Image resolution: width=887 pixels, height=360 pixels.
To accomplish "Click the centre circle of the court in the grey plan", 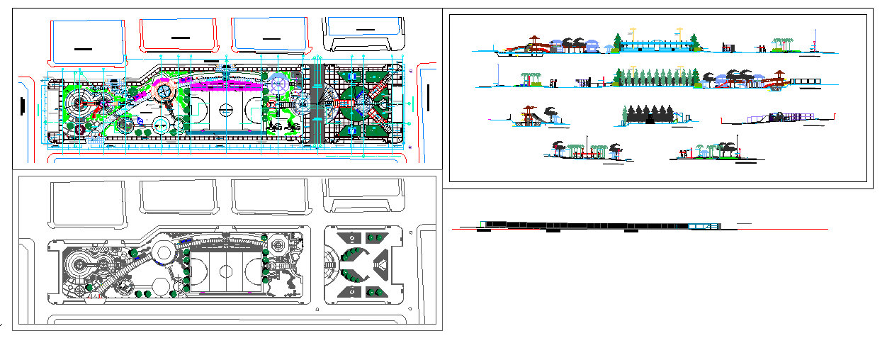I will tap(227, 271).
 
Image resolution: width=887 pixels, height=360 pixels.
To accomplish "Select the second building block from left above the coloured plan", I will tap(178, 35).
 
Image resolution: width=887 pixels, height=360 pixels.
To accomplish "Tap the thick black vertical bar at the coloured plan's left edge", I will tap(23, 106).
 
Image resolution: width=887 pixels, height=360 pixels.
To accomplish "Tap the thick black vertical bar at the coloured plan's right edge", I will tap(429, 96).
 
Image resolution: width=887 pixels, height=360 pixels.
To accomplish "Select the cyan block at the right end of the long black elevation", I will tap(701, 225).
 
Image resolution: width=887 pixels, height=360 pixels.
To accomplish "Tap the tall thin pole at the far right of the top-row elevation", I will tap(816, 39).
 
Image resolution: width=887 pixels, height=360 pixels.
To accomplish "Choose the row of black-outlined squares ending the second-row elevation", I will tap(804, 80).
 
